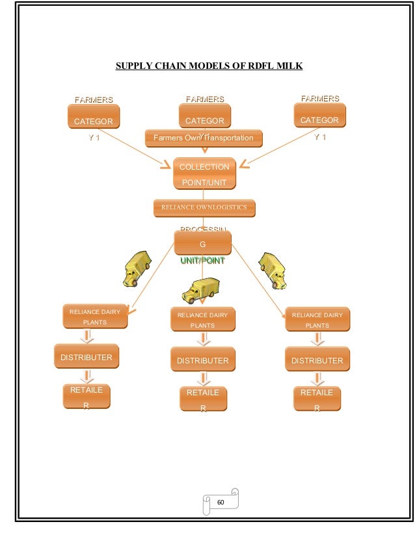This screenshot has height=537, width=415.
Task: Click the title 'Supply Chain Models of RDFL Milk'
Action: (x=209, y=66)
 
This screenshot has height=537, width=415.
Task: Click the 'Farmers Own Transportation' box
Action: (x=203, y=138)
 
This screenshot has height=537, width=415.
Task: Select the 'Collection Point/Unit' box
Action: (x=204, y=174)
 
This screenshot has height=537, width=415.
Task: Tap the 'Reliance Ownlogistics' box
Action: (x=204, y=208)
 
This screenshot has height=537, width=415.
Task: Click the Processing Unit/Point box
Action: (x=202, y=243)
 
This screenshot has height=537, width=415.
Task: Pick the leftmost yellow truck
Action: (x=136, y=269)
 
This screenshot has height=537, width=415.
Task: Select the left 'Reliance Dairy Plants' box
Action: (x=95, y=317)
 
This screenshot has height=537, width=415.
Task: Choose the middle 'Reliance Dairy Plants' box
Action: (x=203, y=319)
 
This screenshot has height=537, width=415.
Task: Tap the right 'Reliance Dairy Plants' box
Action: (x=317, y=319)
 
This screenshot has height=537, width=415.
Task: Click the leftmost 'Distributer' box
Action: (x=87, y=357)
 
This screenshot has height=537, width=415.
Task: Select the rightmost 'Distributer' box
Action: (x=317, y=360)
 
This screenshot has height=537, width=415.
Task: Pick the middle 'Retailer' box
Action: (x=203, y=399)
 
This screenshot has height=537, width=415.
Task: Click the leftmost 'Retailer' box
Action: (x=87, y=397)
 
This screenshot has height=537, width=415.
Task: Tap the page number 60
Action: (x=221, y=501)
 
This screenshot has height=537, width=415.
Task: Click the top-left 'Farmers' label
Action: (x=94, y=100)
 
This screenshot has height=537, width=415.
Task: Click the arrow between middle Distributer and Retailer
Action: (x=204, y=379)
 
